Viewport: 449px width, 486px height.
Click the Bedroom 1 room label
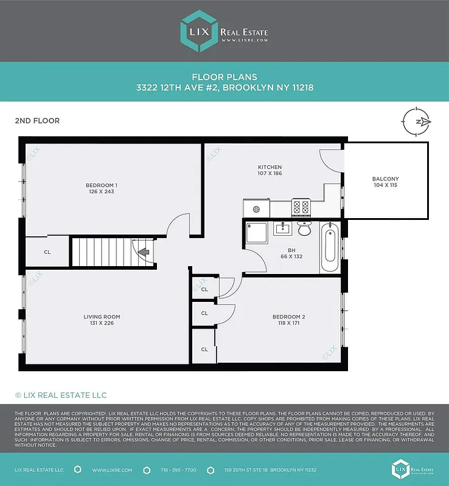tap(101, 185)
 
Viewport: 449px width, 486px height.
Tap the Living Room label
tap(102, 317)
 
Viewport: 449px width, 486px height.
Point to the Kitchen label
tap(270, 167)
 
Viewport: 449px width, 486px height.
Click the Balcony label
tap(385, 179)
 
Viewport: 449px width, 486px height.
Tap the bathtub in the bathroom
tap(329, 247)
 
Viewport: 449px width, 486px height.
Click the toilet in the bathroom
tap(304, 229)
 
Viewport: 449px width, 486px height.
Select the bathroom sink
tap(282, 229)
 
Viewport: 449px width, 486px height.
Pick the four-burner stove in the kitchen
tap(301, 207)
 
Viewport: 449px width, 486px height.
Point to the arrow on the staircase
tap(144, 252)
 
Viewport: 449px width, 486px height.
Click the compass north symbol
tap(417, 122)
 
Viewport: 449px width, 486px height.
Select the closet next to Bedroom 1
tap(47, 252)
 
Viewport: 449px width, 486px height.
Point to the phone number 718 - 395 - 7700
tap(178, 470)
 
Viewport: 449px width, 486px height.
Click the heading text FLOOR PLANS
tap(224, 77)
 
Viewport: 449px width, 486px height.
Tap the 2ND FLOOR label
tap(37, 121)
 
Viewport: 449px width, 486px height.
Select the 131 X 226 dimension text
tap(102, 323)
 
